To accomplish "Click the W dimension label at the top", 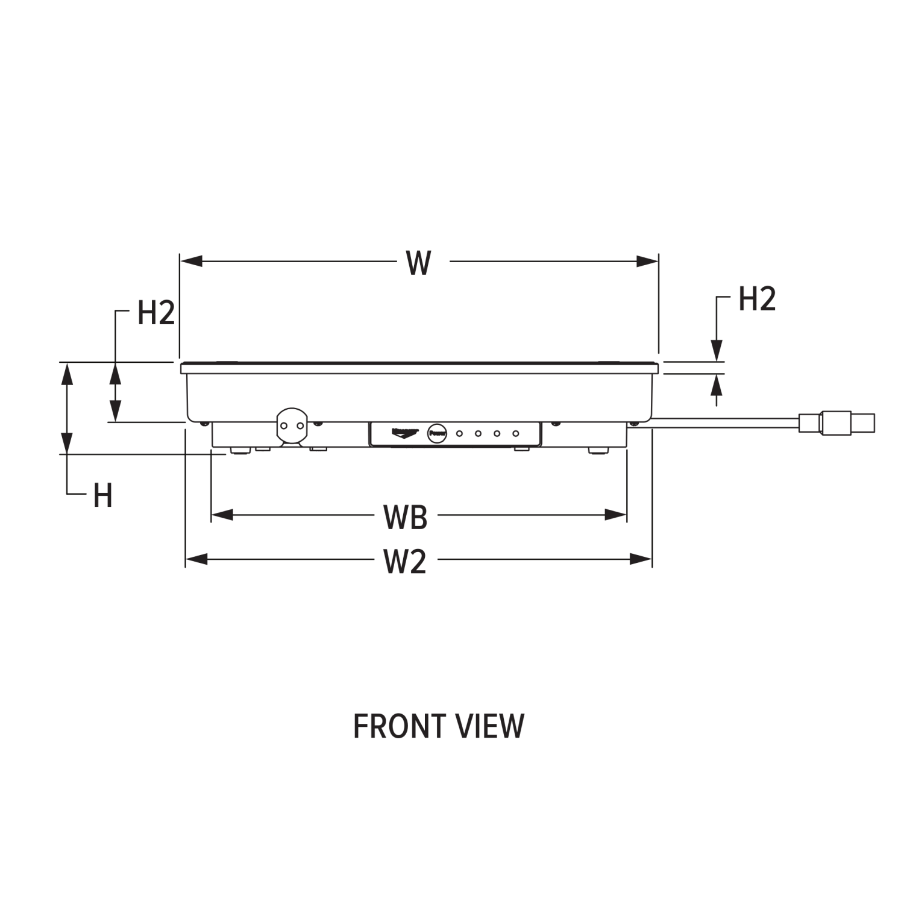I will (419, 263).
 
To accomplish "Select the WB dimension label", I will (406, 517).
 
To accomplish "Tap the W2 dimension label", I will (405, 562).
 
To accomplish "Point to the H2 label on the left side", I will (155, 313).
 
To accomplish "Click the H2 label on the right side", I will (757, 299).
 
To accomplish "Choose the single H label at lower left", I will (103, 496).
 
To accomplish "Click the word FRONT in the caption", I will (400, 726).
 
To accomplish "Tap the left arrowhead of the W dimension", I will (190, 261).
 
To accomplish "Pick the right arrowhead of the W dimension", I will (648, 261).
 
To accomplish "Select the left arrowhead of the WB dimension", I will (221, 515).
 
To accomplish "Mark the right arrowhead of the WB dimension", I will (617, 515).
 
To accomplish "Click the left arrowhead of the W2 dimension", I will (196, 559).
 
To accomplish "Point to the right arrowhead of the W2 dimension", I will (641, 559).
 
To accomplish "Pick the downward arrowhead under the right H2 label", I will (716, 350).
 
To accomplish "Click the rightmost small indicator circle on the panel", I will (516, 433).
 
